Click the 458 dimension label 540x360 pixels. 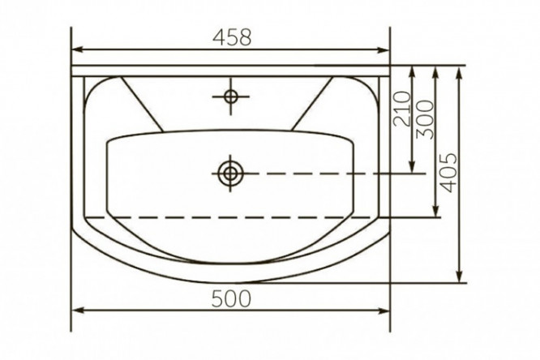point(232,36)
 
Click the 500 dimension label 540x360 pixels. point(231,298)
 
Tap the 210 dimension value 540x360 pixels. point(402,109)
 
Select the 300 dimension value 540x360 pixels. point(425,119)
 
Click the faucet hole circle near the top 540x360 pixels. point(230,96)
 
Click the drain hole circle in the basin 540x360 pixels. point(230,173)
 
